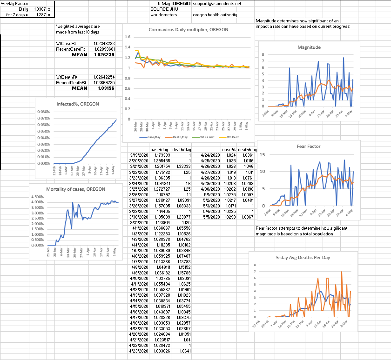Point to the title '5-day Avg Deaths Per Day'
(x=301, y=257)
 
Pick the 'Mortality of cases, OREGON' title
(x=75, y=189)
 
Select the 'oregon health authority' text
(x=215, y=14)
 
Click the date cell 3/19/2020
(x=138, y=155)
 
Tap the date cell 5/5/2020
(x=210, y=217)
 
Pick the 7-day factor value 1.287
(x=40, y=14)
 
